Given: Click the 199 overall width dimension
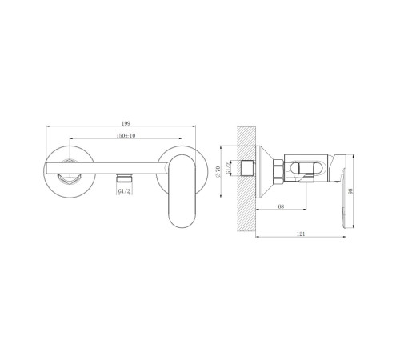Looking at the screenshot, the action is pos(126,123).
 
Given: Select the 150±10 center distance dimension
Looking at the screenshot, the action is pos(126,136).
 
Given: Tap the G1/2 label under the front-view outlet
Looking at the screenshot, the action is pos(124,191).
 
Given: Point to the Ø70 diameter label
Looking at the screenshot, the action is pos(218,172).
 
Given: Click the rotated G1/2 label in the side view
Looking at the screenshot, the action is pos(228,168).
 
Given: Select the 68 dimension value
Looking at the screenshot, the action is pos(281,206).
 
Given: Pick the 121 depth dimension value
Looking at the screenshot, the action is pos(301,234).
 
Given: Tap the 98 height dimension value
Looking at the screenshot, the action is pos(350,191).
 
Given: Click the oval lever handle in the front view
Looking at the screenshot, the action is pos(182,191).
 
